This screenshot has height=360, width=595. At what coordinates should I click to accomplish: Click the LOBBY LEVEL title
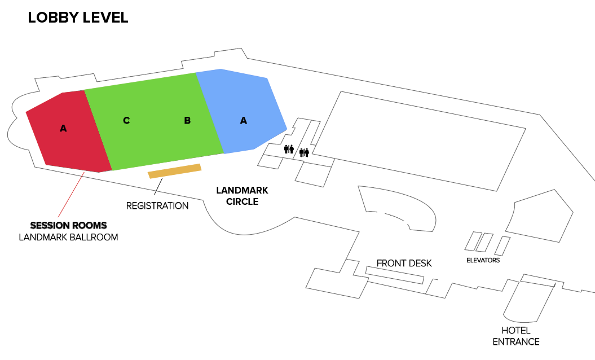(78, 17)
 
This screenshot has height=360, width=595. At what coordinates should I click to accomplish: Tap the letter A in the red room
(63, 128)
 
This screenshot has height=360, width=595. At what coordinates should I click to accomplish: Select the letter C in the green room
(126, 120)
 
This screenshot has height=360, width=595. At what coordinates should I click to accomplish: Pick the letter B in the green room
(187, 120)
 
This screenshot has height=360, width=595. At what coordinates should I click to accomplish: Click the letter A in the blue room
(244, 120)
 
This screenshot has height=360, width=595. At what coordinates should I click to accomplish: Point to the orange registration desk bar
(175, 171)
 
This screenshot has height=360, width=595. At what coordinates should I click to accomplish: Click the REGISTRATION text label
(157, 206)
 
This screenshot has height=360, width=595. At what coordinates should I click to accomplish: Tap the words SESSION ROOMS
(68, 225)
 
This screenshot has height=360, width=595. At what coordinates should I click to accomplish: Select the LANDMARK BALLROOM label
(68, 238)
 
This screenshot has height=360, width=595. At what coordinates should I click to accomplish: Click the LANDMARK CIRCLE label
(242, 196)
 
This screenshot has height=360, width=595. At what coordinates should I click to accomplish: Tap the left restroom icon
(289, 149)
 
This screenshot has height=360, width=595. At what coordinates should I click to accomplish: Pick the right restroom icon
(305, 152)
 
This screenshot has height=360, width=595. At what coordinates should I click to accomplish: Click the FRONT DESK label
(404, 263)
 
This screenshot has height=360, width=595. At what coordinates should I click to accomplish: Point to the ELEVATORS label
(483, 260)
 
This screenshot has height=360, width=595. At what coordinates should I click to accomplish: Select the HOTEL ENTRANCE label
(516, 336)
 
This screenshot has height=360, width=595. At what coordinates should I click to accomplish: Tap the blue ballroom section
(243, 112)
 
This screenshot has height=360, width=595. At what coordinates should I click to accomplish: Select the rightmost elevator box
(503, 246)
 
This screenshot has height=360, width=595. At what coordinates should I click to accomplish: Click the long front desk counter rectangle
(395, 275)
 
